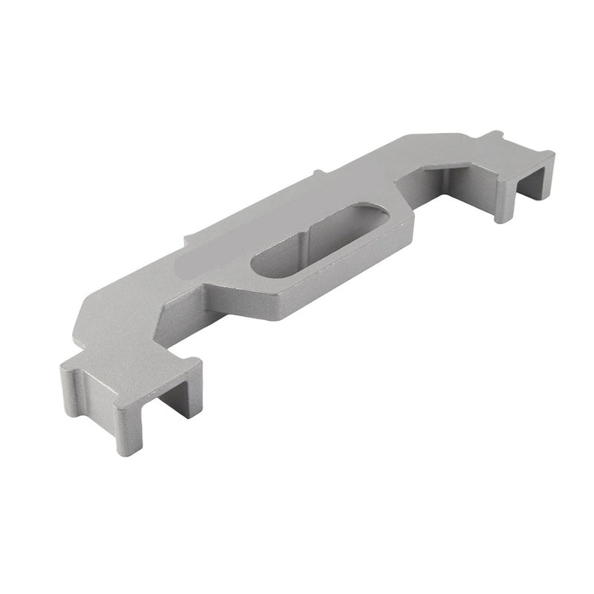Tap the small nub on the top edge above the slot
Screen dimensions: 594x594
tap(319, 174)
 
